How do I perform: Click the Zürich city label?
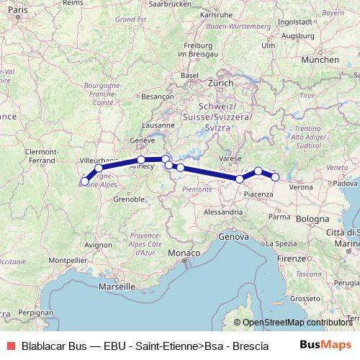click(220, 83)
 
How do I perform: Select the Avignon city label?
click(99, 245)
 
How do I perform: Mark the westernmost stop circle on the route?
click(85, 181)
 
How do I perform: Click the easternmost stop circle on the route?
click(275, 176)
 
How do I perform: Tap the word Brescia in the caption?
click(249, 346)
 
